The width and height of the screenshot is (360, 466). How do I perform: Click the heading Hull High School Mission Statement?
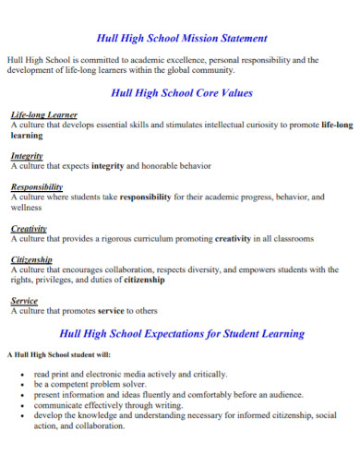(x=182, y=39)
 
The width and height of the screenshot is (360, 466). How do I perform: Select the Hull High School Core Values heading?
(x=182, y=93)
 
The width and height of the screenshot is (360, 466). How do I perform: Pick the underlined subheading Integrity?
(x=27, y=157)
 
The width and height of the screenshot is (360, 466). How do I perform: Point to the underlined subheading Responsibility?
(x=36, y=185)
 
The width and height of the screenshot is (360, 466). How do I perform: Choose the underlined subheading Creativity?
(x=29, y=229)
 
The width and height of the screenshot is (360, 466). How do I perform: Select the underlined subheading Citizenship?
(x=31, y=259)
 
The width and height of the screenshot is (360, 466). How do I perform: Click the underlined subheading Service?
(x=24, y=301)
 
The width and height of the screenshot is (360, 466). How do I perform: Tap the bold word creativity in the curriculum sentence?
(x=233, y=238)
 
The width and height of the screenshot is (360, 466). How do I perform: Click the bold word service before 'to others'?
(x=114, y=311)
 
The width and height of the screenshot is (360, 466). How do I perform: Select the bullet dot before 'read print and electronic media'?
(x=22, y=375)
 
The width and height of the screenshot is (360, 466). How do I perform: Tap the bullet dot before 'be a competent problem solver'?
(x=22, y=385)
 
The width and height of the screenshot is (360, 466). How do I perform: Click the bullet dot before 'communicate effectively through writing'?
(x=22, y=405)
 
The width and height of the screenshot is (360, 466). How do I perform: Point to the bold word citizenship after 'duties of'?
(x=145, y=280)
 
